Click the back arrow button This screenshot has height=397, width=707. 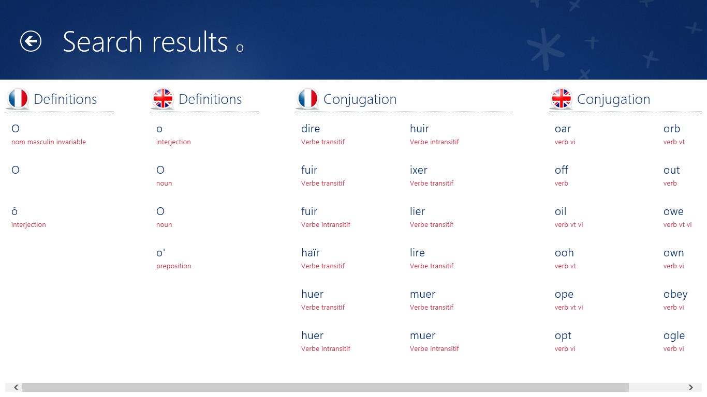click(x=31, y=41)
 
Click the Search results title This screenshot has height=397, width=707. click(x=145, y=42)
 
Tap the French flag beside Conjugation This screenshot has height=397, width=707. click(x=308, y=98)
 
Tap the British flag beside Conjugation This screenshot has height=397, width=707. click(x=562, y=98)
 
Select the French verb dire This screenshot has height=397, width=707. click(x=311, y=129)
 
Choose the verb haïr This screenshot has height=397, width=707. click(x=311, y=253)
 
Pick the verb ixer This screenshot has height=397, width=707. click(x=419, y=170)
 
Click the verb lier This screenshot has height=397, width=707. click(x=417, y=211)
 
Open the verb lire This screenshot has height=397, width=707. click(x=417, y=253)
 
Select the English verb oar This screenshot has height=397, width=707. click(x=563, y=129)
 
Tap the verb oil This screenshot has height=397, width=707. click(x=561, y=211)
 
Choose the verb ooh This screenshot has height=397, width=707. click(x=564, y=253)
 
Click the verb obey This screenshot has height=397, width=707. click(x=675, y=294)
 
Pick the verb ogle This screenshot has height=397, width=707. click(x=674, y=335)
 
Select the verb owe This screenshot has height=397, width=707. click(x=673, y=211)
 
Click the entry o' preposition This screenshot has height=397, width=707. click(x=161, y=253)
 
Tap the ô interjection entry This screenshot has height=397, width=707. click(x=14, y=211)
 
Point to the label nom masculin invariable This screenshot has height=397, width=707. click(x=49, y=142)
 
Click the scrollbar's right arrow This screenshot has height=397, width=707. click(x=690, y=387)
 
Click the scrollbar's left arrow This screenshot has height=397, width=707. click(x=17, y=387)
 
